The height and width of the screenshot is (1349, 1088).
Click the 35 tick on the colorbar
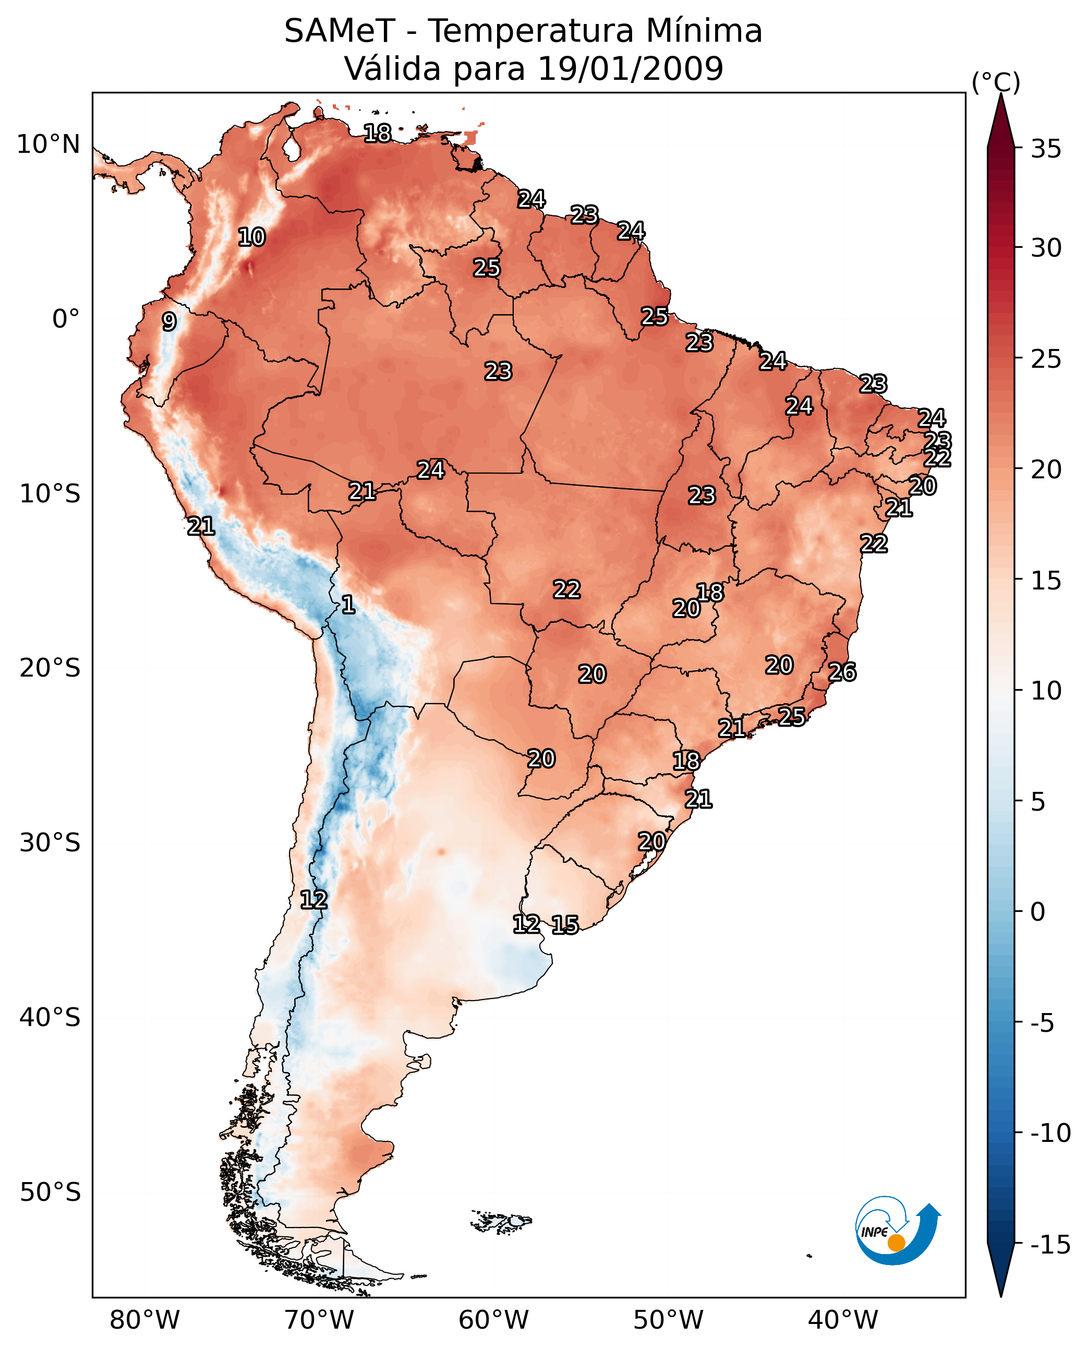tap(1046, 149)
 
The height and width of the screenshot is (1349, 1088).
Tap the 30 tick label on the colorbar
tap(1046, 248)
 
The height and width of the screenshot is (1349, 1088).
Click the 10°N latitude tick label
tap(49, 145)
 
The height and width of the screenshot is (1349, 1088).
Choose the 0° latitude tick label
tap(66, 319)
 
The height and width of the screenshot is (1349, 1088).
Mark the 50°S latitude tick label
tap(50, 1191)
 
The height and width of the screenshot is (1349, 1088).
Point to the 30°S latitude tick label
tap(50, 843)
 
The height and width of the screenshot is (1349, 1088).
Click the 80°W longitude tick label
tap(145, 1320)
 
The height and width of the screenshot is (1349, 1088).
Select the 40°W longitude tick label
tap(843, 1320)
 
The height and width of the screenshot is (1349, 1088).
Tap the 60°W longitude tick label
tap(494, 1320)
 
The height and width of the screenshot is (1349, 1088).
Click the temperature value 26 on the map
tap(842, 672)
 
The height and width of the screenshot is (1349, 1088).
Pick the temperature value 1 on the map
tap(348, 605)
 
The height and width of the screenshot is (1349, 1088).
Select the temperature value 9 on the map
tap(169, 321)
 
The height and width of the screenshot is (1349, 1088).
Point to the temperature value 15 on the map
tap(565, 924)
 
